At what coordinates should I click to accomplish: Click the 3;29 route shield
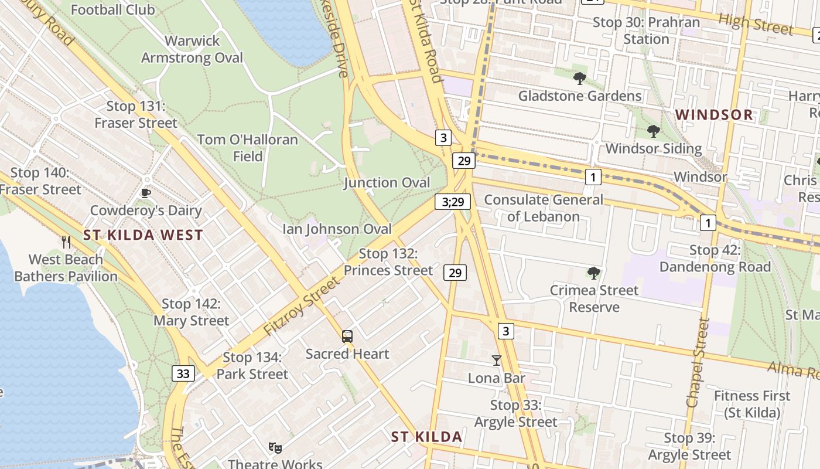click(x=453, y=202)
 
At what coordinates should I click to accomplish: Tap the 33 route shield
click(x=183, y=373)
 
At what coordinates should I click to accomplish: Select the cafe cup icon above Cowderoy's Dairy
click(x=146, y=193)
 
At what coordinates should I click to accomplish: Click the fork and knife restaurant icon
click(x=66, y=242)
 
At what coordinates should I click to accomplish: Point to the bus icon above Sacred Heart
click(x=347, y=337)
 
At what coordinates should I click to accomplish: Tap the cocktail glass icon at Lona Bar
click(x=497, y=360)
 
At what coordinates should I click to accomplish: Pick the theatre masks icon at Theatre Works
click(x=275, y=448)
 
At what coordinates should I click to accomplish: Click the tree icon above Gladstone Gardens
click(x=579, y=78)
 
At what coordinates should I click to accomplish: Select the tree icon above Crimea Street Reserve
click(x=593, y=273)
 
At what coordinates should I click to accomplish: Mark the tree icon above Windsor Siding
click(x=653, y=131)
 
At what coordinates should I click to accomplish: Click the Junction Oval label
click(x=387, y=182)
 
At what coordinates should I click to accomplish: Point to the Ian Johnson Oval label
click(x=337, y=229)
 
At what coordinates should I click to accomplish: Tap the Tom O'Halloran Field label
click(x=247, y=148)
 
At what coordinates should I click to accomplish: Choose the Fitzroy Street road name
click(x=301, y=307)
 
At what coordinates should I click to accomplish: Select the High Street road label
click(x=756, y=23)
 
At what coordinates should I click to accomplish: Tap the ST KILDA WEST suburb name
click(x=143, y=236)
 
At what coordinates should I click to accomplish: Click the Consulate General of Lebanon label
click(x=543, y=208)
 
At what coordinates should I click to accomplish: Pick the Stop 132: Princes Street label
click(x=388, y=262)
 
